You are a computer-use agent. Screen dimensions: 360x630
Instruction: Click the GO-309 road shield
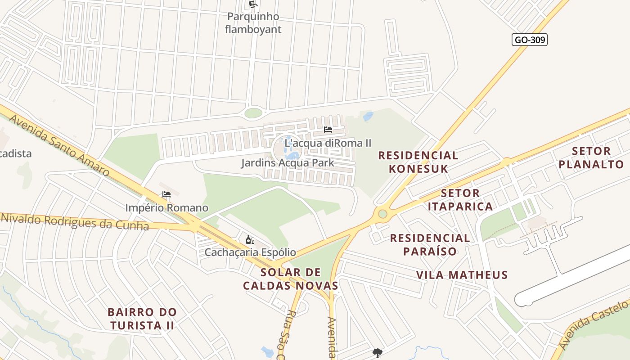530,40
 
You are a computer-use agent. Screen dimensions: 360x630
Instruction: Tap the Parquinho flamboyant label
253,23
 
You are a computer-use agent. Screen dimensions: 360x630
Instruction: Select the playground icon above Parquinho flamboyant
253,5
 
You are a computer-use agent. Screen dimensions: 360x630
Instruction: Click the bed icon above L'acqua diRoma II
328,130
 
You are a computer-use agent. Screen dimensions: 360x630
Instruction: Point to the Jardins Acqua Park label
288,162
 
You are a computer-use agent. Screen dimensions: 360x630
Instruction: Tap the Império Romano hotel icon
166,194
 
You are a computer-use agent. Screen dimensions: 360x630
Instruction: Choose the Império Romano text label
166,207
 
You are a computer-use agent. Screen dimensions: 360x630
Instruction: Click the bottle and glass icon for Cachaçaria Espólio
250,239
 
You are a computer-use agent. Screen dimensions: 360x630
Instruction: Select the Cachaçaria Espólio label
250,252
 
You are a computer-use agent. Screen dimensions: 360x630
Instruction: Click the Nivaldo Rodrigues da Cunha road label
74,222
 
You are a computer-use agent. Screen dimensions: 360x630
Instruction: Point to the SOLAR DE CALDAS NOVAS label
291,279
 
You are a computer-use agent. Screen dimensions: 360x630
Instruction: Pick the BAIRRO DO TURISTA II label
142,319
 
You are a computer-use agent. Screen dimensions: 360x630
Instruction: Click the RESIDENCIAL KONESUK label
418,162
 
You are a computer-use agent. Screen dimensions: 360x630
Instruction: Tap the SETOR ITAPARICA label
460,200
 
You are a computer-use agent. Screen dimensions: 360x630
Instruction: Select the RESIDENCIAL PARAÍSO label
430,244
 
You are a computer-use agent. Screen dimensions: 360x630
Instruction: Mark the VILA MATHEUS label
462,275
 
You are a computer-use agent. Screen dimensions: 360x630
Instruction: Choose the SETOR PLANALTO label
591,157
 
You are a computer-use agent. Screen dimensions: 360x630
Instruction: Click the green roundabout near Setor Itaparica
382,213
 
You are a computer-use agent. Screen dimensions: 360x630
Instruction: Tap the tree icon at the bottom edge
377,353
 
